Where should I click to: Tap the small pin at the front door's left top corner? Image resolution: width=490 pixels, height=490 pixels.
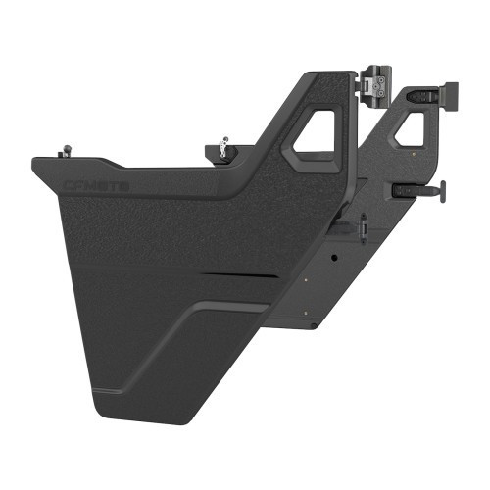pyautogui.click(x=65, y=151)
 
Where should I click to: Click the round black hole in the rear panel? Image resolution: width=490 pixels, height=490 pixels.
pyautogui.click(x=334, y=257)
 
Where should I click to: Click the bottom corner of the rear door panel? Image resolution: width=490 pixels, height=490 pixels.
pyautogui.click(x=312, y=326)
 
